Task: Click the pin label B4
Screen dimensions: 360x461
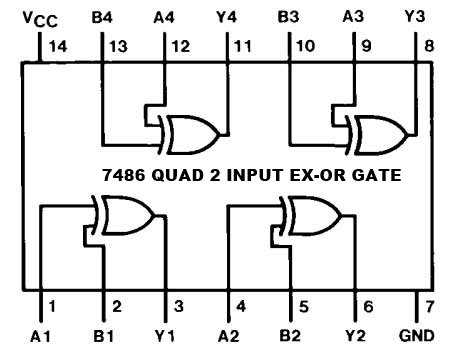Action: coord(103,17)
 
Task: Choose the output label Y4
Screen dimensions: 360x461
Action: coord(228,17)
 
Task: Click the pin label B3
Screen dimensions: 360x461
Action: coord(289,17)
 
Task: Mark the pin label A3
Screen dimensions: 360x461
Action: coord(352,17)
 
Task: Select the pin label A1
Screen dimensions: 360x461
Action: coord(41,337)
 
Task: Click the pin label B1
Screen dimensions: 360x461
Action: coord(103,337)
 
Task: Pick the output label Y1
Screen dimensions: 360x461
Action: coord(166,337)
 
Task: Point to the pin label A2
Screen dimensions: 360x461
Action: coord(229,337)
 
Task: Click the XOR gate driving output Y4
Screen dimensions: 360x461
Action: coord(193,131)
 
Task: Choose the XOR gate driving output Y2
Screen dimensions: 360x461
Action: coord(309,212)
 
